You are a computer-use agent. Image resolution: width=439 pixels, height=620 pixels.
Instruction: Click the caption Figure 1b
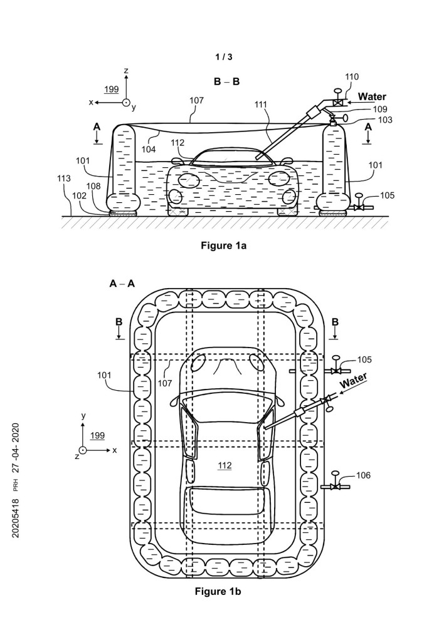pyautogui.click(x=219, y=591)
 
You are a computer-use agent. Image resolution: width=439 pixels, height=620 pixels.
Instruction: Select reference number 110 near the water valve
pyautogui.click(x=352, y=77)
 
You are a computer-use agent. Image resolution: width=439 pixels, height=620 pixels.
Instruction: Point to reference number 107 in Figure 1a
pyautogui.click(x=197, y=100)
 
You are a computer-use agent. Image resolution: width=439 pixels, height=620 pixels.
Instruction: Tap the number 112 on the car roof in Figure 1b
pyautogui.click(x=225, y=465)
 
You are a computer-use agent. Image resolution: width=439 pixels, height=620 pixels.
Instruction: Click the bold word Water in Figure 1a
pyautogui.click(x=373, y=97)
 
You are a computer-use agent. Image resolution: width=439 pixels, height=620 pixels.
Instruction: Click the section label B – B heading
pyautogui.click(x=226, y=81)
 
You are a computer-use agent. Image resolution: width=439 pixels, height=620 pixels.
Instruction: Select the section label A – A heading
pyautogui.click(x=122, y=284)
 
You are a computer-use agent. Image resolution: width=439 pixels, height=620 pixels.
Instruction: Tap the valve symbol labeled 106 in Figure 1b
pyautogui.click(x=336, y=486)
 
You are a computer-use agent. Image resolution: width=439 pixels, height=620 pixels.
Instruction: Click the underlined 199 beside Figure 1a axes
pyautogui.click(x=111, y=89)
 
